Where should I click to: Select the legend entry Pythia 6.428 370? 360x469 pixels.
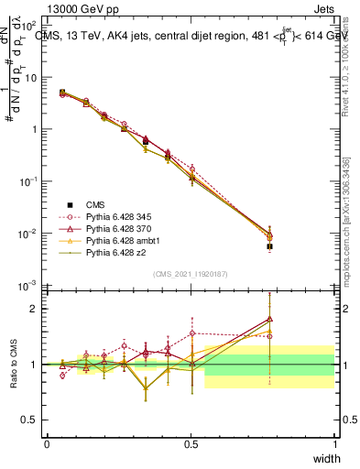[116, 228]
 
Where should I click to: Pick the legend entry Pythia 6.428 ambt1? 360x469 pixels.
[118, 240]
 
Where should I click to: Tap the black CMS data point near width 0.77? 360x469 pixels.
[269, 246]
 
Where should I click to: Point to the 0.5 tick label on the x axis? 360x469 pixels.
[191, 443]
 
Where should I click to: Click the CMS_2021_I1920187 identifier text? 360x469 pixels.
[191, 273]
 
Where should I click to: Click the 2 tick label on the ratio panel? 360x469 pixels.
[37, 310]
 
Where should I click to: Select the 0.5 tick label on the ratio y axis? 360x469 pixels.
[33, 420]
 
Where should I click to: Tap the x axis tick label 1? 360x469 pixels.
[334, 443]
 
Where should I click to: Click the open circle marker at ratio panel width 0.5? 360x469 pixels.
[191, 333]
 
